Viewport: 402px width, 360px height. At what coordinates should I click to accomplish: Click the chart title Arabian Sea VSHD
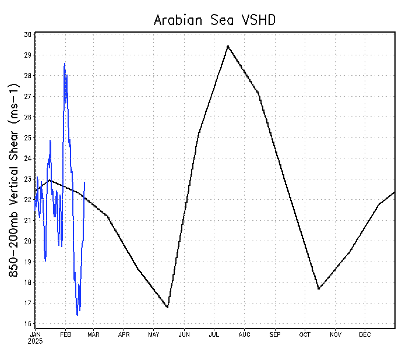[x=214, y=20]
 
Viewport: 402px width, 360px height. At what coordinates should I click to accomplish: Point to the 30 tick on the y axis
[x=27, y=34]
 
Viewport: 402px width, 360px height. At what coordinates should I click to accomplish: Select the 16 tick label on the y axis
[x=27, y=324]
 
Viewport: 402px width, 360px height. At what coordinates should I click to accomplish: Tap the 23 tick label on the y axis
[x=27, y=179]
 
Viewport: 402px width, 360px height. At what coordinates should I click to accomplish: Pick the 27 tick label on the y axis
[x=27, y=97]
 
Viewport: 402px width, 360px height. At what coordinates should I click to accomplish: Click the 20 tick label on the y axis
[x=27, y=241]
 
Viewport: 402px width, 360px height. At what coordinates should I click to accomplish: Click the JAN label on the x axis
[x=36, y=334]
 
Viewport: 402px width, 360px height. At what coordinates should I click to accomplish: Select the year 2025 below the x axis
[x=36, y=341]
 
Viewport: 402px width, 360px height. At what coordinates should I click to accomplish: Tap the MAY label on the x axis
[x=154, y=334]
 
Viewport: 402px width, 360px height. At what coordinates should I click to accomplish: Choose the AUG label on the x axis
[x=245, y=334]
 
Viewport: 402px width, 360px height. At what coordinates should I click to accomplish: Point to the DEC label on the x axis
[x=365, y=334]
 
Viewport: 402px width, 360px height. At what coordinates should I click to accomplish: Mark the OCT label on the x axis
[x=305, y=334]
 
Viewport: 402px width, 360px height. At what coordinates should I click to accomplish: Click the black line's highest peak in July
[x=228, y=45]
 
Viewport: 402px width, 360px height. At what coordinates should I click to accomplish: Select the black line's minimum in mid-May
[x=168, y=308]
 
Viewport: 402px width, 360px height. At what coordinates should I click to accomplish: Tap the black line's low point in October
[x=319, y=289]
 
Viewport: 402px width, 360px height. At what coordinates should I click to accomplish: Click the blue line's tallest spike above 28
[x=65, y=63]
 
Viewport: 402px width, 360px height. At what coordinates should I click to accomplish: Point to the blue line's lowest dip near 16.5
[x=77, y=315]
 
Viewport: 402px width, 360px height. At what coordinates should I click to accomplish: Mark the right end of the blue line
[x=84, y=182]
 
